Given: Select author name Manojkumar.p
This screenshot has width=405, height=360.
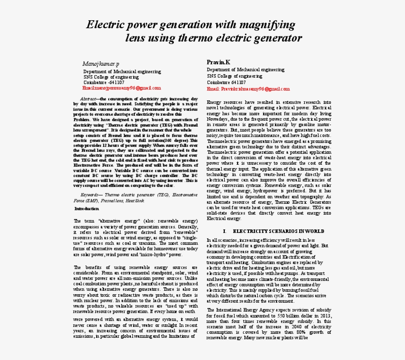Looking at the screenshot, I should click(100, 64).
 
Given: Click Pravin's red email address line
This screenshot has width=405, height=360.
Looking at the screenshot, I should click(248, 89).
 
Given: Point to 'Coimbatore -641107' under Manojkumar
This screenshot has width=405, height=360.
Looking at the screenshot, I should click(104, 82).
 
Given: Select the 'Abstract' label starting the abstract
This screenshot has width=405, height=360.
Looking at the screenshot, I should click(89, 99).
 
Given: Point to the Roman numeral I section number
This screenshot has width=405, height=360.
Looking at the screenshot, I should click(224, 231).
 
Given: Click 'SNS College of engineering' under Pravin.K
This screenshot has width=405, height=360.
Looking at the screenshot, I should click(235, 76).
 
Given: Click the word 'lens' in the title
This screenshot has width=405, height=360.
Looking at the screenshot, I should click(135, 38).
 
